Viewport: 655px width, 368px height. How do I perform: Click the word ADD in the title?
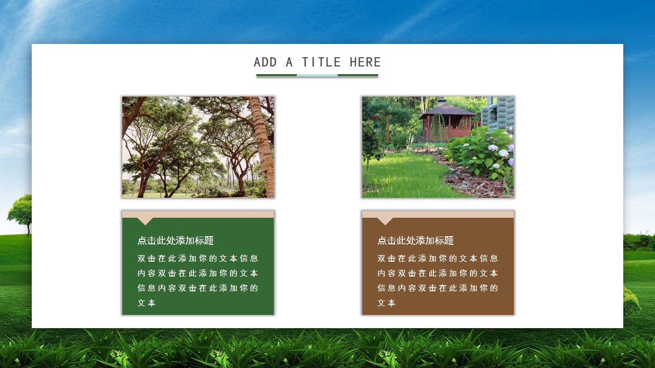click(265, 62)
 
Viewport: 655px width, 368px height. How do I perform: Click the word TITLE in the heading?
click(321, 62)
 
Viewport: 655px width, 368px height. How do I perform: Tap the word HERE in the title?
click(365, 62)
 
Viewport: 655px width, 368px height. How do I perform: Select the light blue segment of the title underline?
click(317, 75)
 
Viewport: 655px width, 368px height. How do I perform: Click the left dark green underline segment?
click(277, 75)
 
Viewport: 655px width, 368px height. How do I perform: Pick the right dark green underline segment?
click(358, 75)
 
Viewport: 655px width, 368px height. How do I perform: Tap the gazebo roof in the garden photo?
click(447, 109)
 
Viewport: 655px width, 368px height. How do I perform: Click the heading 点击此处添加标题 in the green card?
click(176, 241)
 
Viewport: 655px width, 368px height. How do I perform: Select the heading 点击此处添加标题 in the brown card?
click(415, 241)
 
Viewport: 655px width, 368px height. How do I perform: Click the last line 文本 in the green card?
click(146, 303)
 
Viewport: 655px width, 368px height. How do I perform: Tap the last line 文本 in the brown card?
click(386, 303)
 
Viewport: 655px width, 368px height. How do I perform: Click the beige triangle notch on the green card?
click(145, 221)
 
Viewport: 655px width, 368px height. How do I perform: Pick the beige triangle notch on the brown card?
click(385, 221)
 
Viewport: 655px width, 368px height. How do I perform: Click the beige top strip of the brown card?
click(438, 214)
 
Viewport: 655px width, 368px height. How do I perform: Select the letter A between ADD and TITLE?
click(289, 62)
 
